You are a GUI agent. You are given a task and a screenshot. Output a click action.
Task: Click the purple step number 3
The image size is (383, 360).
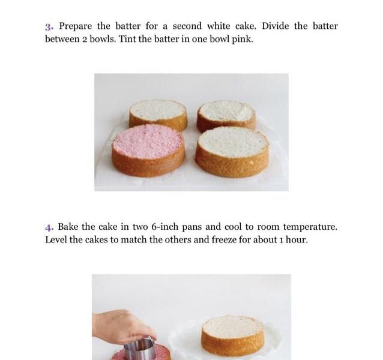[x=49, y=26]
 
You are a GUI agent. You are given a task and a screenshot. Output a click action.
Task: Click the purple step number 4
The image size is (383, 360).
[x=49, y=227]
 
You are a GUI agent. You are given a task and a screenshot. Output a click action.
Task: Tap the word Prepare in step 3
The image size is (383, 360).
[x=76, y=26]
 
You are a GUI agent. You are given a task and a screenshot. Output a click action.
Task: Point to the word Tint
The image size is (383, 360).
[x=127, y=39]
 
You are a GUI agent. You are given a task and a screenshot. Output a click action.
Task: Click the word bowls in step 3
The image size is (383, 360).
[x=103, y=39]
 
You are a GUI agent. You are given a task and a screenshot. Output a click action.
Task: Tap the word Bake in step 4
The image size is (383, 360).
[x=68, y=227]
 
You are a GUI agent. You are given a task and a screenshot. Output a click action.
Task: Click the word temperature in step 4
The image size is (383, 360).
[x=310, y=227]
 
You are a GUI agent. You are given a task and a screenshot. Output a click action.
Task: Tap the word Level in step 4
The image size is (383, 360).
[x=56, y=239]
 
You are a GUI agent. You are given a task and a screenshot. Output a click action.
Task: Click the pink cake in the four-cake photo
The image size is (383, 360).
[x=148, y=151]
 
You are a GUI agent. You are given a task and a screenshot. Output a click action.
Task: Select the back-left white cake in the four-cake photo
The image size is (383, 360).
[x=158, y=115]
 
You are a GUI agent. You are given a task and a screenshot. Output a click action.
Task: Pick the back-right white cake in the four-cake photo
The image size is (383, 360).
[x=226, y=115]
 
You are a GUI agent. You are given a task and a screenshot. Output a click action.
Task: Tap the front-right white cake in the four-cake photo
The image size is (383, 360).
[x=232, y=152]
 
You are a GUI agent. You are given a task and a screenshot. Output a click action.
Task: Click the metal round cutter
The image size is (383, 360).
[x=140, y=349]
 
